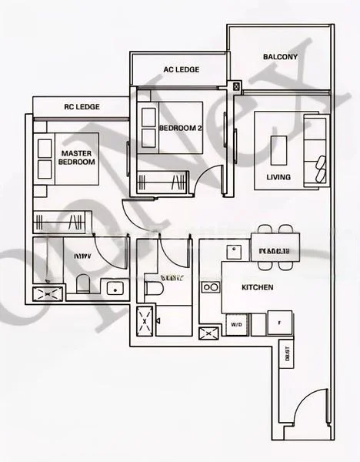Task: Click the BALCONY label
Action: tap(280, 57)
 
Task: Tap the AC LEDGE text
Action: tap(182, 69)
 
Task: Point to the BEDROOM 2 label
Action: tap(181, 128)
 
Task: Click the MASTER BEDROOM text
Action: tap(77, 158)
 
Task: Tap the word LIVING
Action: tap(278, 178)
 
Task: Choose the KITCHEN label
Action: tap(257, 288)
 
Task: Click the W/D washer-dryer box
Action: tap(236, 325)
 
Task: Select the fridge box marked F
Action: tap(279, 323)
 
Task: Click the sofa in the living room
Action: tap(315, 149)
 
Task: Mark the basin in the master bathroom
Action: tap(115, 289)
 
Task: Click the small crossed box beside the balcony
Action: tap(236, 85)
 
